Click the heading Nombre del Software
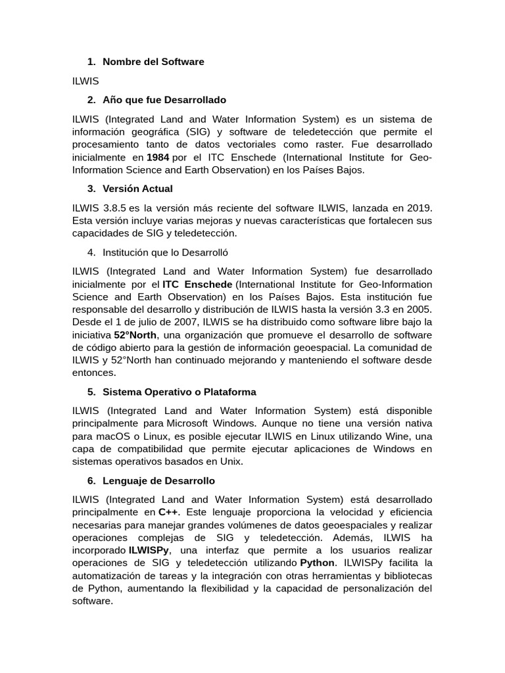[x=153, y=62]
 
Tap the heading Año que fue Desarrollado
[x=164, y=100]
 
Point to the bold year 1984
[x=158, y=157]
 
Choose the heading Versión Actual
[x=137, y=189]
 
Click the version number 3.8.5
[x=119, y=208]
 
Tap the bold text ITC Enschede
[x=197, y=284]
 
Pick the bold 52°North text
[x=135, y=335]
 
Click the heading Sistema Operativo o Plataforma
[x=179, y=392]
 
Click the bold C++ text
[x=168, y=512]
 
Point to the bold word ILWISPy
[x=149, y=550]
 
